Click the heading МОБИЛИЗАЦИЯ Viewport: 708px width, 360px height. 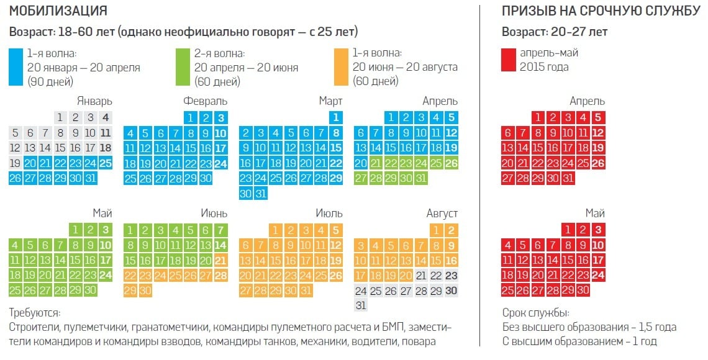point(58,11)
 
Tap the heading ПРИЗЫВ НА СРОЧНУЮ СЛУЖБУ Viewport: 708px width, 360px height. point(601,11)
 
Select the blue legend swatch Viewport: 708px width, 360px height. point(16,66)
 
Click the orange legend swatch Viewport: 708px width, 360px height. point(341,66)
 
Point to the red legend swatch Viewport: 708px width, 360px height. point(509,60)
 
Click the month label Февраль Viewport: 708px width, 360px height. point(205,101)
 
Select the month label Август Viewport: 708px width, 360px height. point(442,214)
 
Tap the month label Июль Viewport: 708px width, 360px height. point(329,214)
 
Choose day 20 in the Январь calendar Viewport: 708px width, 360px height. point(30,163)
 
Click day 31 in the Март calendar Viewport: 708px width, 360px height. point(261,194)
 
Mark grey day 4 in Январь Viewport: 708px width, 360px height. point(106,117)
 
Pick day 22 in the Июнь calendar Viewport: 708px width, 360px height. point(130,275)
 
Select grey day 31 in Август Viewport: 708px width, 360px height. point(361,305)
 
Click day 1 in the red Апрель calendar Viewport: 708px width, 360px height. point(539,117)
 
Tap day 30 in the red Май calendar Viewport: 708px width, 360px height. point(583,290)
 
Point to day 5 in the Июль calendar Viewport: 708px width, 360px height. point(336,230)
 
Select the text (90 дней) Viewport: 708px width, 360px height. point(50,81)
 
